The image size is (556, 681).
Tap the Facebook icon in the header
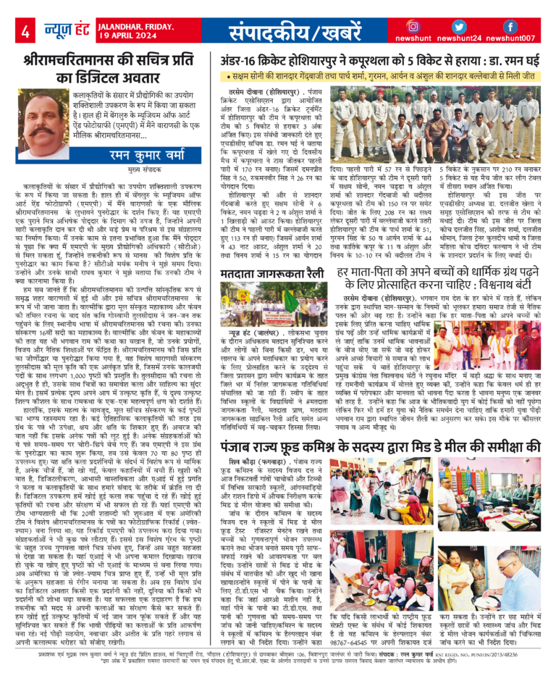pyautogui.click(x=510, y=27)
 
